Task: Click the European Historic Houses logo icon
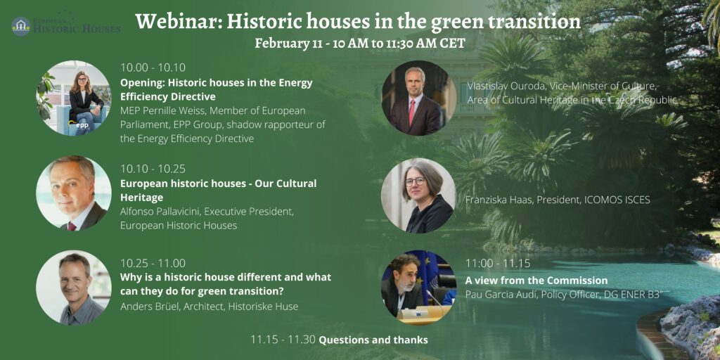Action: tap(21, 26)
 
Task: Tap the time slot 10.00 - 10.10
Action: tap(153, 68)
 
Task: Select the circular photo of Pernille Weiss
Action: tap(73, 98)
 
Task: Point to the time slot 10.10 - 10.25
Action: tap(153, 169)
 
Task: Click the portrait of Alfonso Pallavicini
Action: tap(73, 193)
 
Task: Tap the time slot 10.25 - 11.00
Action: tap(153, 263)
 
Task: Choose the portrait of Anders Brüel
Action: tap(73, 288)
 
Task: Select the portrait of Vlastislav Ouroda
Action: tap(419, 98)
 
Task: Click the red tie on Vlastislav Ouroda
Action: tap(412, 112)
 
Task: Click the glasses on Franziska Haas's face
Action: tap(415, 181)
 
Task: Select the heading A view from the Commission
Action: tap(536, 281)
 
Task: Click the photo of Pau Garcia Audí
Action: tap(419, 288)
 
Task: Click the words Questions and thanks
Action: tap(373, 340)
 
